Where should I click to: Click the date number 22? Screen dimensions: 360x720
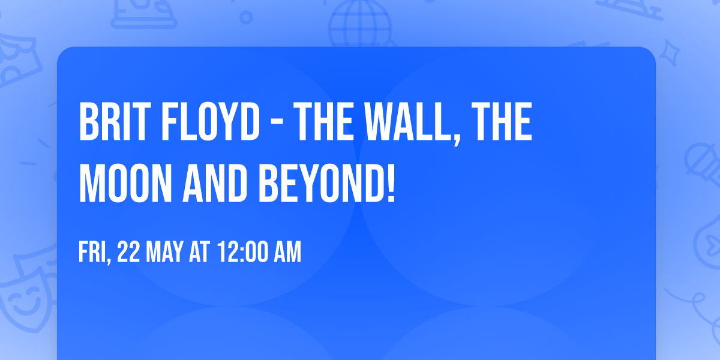click(129, 253)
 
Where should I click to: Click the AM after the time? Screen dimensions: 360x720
click(287, 253)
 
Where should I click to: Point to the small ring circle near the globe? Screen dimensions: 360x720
click(247, 18)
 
